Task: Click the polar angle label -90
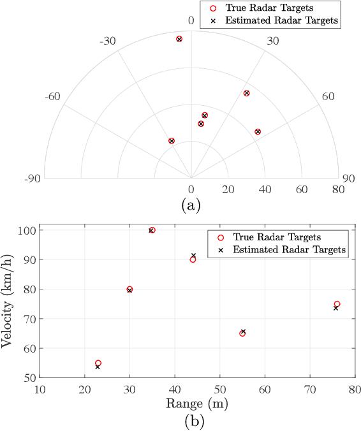33,179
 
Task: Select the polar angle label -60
52,97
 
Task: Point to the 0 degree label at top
189,21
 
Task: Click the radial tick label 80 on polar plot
337,189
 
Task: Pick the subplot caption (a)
191,205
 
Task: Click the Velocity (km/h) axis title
9,302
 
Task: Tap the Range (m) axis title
197,404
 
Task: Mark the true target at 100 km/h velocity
152,230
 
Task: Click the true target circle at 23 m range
98,363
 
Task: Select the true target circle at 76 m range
337,304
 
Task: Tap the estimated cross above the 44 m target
193,256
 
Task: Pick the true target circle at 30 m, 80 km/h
129,289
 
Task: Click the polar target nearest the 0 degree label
179,39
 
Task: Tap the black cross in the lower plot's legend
221,250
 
